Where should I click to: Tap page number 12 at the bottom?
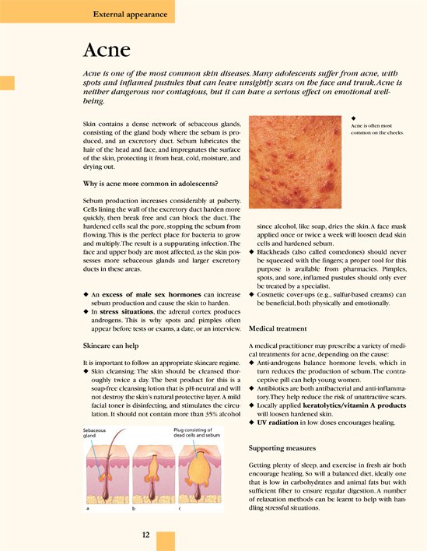(x=145, y=535)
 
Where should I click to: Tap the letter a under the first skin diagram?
(x=86, y=508)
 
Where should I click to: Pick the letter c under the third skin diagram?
(x=180, y=508)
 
